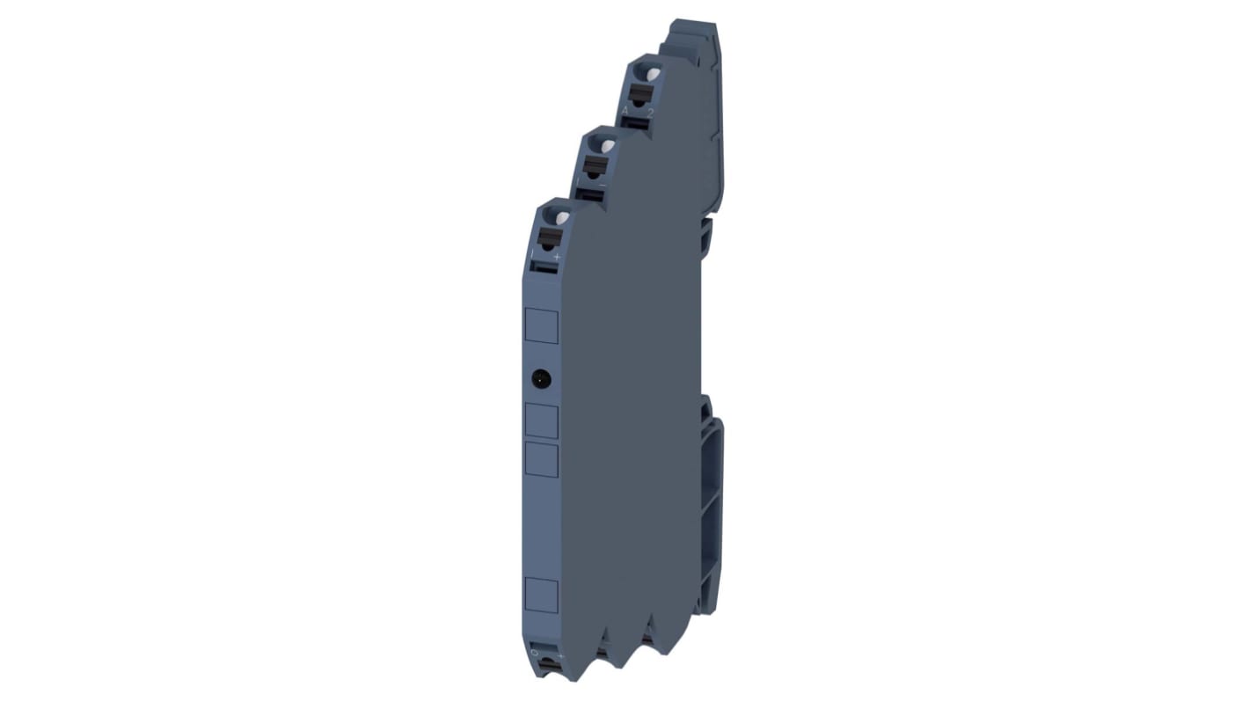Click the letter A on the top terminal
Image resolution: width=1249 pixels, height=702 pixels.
pos(625,110)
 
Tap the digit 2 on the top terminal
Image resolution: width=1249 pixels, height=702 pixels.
pos(650,113)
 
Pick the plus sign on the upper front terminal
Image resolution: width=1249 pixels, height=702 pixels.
pos(556,255)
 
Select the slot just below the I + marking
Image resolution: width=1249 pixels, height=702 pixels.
pos(546,267)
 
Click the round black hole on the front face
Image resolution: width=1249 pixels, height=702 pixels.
pos(542,380)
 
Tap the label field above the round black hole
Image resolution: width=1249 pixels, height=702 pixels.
pos(541,325)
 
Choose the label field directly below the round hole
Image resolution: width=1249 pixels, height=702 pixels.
pos(541,421)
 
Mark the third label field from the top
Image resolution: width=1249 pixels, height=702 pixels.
pos(541,459)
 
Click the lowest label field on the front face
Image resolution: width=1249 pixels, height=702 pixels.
pos(541,595)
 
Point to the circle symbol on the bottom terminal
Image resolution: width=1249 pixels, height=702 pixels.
pos(533,653)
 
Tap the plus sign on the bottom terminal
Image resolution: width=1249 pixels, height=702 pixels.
pos(556,656)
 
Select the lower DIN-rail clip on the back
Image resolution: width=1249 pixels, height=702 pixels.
pos(712,510)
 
